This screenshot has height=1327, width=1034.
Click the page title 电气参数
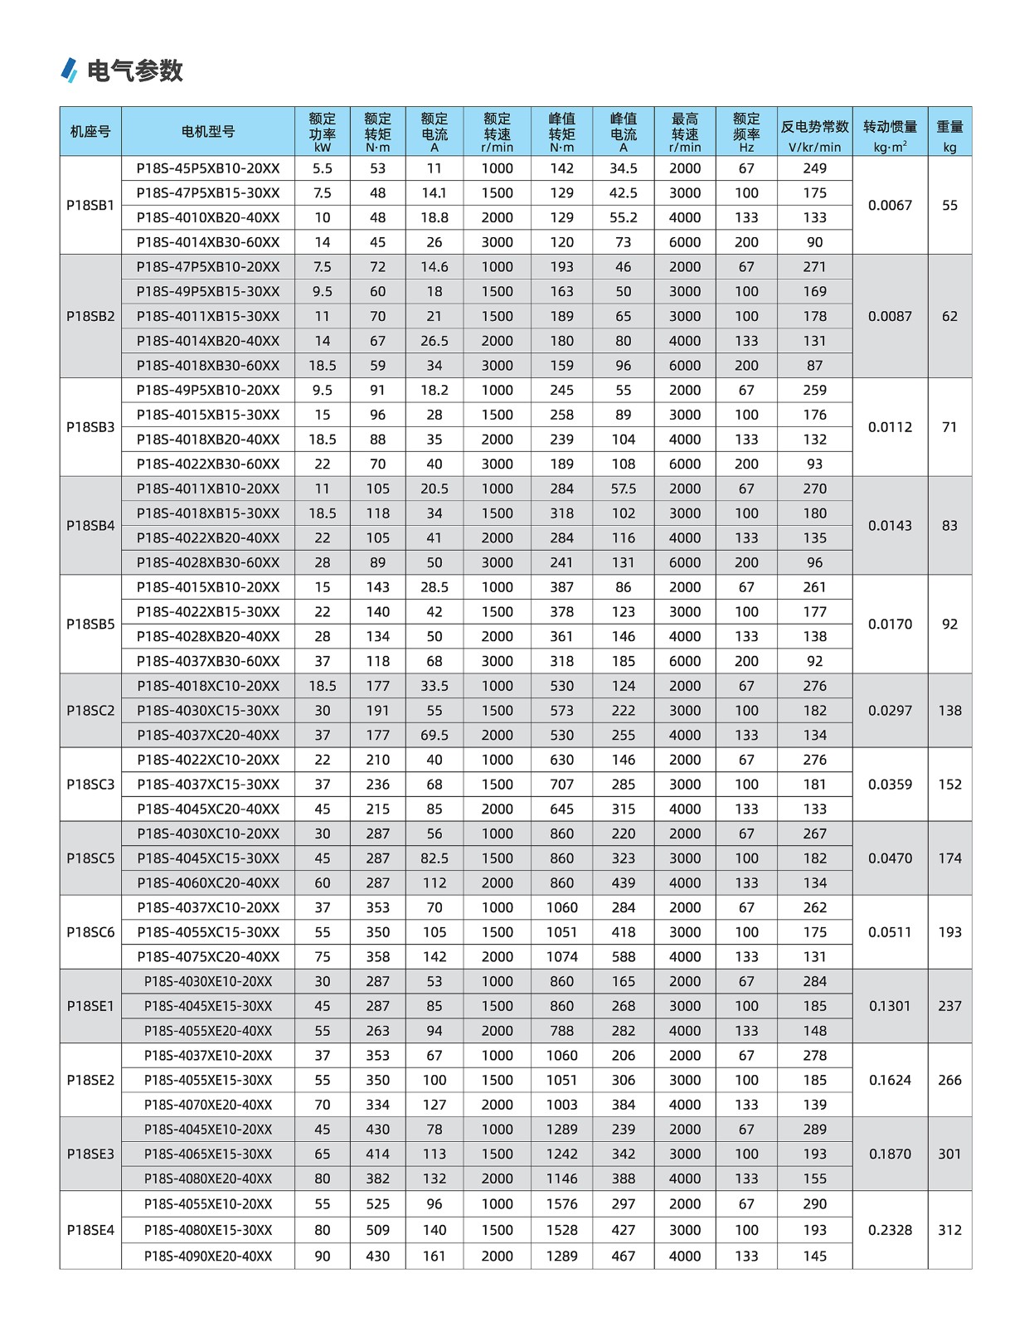point(134,70)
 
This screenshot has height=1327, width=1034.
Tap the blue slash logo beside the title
point(70,70)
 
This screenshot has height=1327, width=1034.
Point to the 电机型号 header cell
point(208,131)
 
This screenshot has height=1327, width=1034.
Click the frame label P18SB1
point(90,205)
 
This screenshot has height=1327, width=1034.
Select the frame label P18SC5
point(90,858)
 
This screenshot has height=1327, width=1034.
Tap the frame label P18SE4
point(90,1230)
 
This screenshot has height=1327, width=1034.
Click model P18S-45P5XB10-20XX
point(208,168)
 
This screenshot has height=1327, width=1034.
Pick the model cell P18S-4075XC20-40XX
point(208,956)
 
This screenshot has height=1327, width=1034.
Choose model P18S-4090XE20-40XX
point(208,1256)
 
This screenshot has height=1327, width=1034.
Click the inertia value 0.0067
point(890,205)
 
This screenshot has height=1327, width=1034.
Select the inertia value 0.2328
point(890,1230)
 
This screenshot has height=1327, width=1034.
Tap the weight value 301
point(949,1154)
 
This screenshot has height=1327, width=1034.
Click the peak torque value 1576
point(561,1203)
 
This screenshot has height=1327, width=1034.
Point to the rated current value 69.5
point(434,735)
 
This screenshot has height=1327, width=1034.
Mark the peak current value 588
point(623,956)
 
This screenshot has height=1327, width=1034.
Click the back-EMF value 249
point(814,168)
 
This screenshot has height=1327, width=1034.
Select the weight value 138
point(949,710)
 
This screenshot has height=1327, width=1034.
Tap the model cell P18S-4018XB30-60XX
point(208,365)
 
